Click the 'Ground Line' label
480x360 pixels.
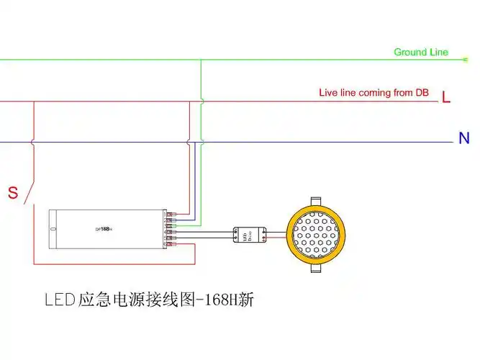pyautogui.click(x=421, y=52)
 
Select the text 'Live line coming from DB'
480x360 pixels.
pyautogui.click(x=373, y=94)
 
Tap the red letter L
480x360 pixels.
pyautogui.click(x=446, y=97)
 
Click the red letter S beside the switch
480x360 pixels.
pyautogui.click(x=12, y=193)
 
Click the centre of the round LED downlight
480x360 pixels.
pyautogui.click(x=317, y=235)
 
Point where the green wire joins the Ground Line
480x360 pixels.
pyautogui.click(x=201, y=59)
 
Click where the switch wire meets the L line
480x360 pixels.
pyautogui.click(x=33, y=102)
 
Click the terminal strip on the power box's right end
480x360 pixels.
pyautogui.click(x=170, y=230)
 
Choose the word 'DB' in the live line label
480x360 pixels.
pyautogui.click(x=421, y=94)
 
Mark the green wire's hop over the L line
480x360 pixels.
pyautogui.click(x=201, y=102)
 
